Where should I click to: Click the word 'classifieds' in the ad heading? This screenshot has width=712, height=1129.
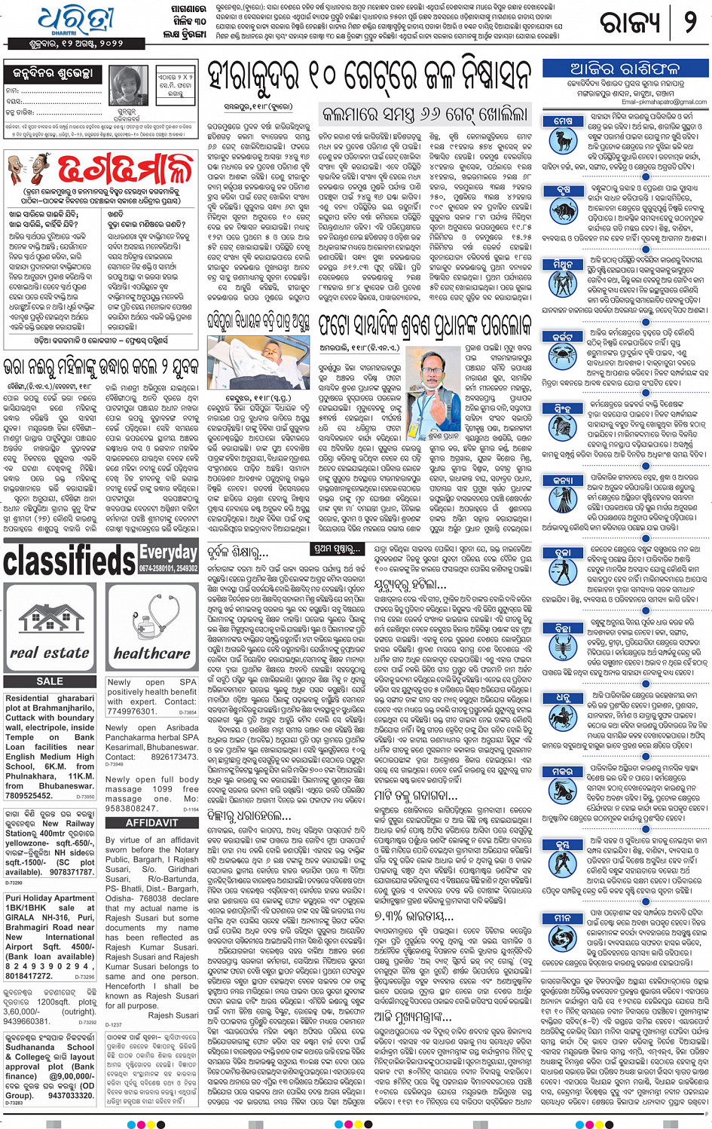pyautogui.click(x=69, y=560)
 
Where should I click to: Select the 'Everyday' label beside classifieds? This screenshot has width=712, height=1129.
pyautogui.click(x=168, y=552)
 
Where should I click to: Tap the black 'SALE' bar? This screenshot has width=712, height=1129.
pyautogui.click(x=50, y=681)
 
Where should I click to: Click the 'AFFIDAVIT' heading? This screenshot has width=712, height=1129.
pyautogui.click(x=151, y=823)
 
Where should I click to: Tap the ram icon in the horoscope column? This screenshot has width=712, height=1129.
pyautogui.click(x=563, y=139)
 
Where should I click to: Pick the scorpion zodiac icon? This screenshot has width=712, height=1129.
pyautogui.click(x=563, y=645)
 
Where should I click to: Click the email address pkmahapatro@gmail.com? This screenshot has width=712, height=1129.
pyautogui.click(x=664, y=102)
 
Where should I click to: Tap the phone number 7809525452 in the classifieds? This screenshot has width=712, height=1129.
pyautogui.click(x=29, y=795)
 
